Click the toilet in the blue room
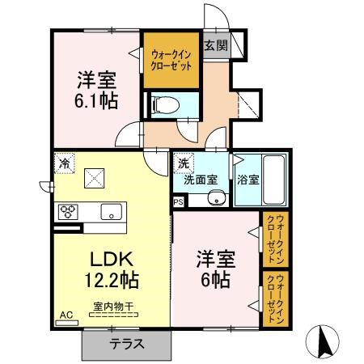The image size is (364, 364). point(163,104)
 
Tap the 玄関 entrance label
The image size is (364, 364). point(214,45)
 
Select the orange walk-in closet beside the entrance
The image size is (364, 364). point(171,60)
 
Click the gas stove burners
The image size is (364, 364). point(67,213)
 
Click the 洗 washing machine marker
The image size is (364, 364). point(183,163)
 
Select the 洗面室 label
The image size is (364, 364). point(199,180)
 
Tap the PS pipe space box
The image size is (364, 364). point(178,202)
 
